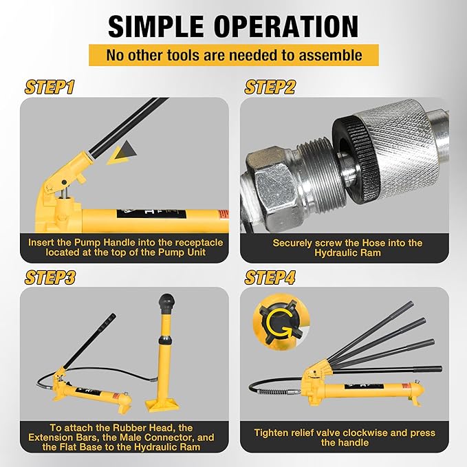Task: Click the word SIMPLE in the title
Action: tap(156, 26)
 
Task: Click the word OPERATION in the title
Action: tap(286, 26)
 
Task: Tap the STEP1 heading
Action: tap(50, 87)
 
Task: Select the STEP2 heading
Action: tap(270, 87)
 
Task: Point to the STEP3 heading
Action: tap(50, 277)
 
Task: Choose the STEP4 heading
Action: tap(270, 277)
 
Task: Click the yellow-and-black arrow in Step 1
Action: tap(122, 153)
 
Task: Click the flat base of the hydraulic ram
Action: tap(162, 404)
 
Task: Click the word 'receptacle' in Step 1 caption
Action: tap(199, 242)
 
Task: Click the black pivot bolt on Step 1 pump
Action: tap(64, 182)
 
